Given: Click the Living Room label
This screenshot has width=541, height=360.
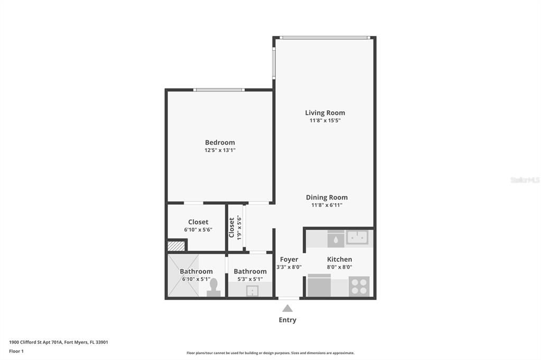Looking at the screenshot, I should pyautogui.click(x=325, y=112).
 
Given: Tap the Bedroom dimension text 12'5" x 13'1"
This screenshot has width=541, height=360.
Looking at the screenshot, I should pyautogui.click(x=220, y=150).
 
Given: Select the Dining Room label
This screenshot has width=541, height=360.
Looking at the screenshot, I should pyautogui.click(x=327, y=197).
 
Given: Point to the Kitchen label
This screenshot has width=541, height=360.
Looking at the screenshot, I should pyautogui.click(x=339, y=259).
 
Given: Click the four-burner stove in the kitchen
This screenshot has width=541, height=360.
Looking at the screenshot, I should pyautogui.click(x=359, y=287).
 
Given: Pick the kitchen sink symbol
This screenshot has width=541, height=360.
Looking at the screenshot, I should pyautogui.click(x=357, y=238).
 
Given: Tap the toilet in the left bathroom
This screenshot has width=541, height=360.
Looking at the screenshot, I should pyautogui.click(x=213, y=288).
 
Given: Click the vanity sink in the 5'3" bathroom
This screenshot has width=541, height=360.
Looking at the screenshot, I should pyautogui.click(x=253, y=290).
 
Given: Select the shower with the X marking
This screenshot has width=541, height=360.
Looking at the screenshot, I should pyautogui.click(x=183, y=276).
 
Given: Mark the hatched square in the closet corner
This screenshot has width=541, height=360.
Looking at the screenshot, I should pyautogui.click(x=175, y=245).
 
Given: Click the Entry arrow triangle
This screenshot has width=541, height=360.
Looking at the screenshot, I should pyautogui.click(x=287, y=308).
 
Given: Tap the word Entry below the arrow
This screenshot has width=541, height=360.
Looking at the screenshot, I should pyautogui.click(x=287, y=320).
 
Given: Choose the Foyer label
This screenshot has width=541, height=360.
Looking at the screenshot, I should pyautogui.click(x=289, y=259).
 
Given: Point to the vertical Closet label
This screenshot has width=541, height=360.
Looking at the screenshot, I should pyautogui.click(x=231, y=227).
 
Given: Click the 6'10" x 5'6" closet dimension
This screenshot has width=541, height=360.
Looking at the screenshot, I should pyautogui.click(x=198, y=230).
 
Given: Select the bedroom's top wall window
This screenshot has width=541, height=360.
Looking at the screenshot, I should pyautogui.click(x=219, y=90).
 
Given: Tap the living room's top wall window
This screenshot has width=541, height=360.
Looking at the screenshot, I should pyautogui.click(x=324, y=37).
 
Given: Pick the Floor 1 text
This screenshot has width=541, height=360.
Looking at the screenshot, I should pyautogui.click(x=16, y=351).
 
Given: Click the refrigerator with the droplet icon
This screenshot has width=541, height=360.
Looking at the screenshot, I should pyautogui.click(x=335, y=239).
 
